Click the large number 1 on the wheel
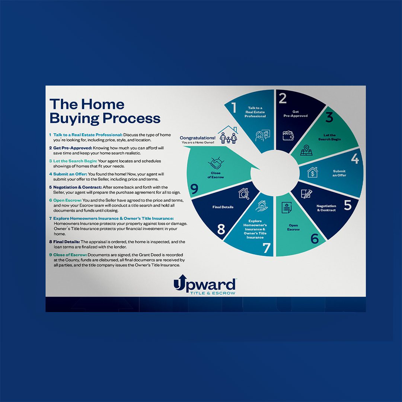(234, 108)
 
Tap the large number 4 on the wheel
(355, 159)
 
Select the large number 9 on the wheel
(194, 190)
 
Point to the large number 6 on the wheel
(315, 239)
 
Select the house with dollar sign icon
(312, 172)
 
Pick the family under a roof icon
(227, 135)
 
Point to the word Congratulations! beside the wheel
(197, 138)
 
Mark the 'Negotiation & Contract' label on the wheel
(326, 208)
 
